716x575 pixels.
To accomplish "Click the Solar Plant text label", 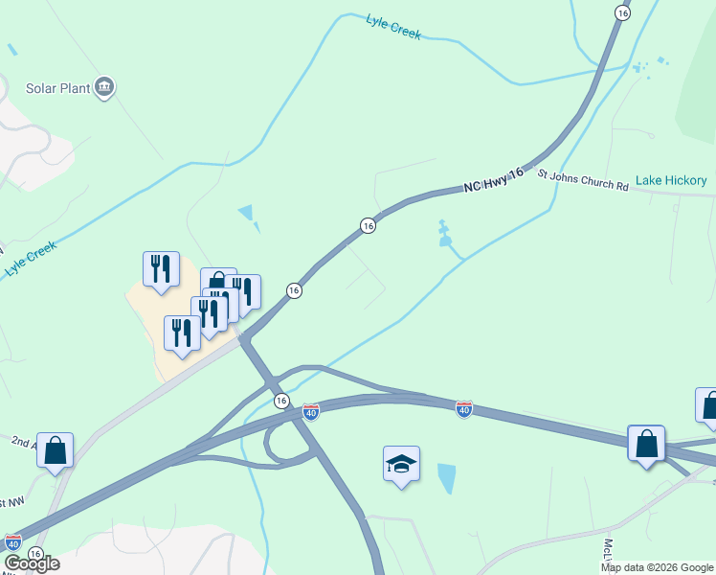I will (64, 88).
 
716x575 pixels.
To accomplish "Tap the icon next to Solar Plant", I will (105, 88).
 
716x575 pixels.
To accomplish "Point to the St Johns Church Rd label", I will (582, 181).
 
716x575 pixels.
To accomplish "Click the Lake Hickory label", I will (671, 180).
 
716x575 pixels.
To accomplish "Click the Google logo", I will (32, 563).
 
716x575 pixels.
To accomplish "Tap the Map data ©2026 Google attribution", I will (657, 567).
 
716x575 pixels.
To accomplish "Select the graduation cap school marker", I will (401, 465).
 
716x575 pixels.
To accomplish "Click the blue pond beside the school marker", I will (446, 477).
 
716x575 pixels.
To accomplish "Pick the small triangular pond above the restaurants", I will (248, 214).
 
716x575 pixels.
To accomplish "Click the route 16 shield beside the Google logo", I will (35, 554).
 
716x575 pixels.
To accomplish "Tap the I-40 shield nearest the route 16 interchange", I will (310, 411).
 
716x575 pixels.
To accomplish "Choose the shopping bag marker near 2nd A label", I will (55, 450).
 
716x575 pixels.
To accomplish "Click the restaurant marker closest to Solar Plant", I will (161, 268).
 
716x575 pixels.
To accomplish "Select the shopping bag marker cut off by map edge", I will (708, 406).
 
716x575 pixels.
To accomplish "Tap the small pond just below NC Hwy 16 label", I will (444, 235).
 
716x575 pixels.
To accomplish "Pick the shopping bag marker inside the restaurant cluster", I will (218, 284).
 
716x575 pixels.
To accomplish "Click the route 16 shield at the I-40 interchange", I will (280, 400).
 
